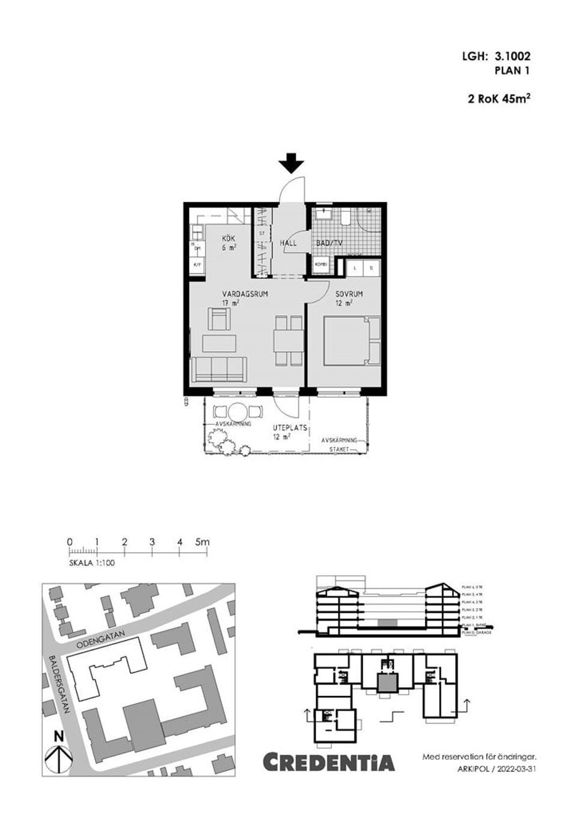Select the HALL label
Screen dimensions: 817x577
click(288, 244)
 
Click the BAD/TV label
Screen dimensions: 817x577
click(329, 244)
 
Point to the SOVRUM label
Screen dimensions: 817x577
click(349, 294)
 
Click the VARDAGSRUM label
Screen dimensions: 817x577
click(245, 294)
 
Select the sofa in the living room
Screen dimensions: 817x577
click(219, 369)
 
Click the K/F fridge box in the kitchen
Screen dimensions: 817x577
click(197, 264)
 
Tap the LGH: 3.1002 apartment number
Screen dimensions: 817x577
click(496, 57)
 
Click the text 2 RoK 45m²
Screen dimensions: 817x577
click(499, 99)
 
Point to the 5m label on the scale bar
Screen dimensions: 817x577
click(203, 542)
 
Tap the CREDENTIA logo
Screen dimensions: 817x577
click(329, 762)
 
